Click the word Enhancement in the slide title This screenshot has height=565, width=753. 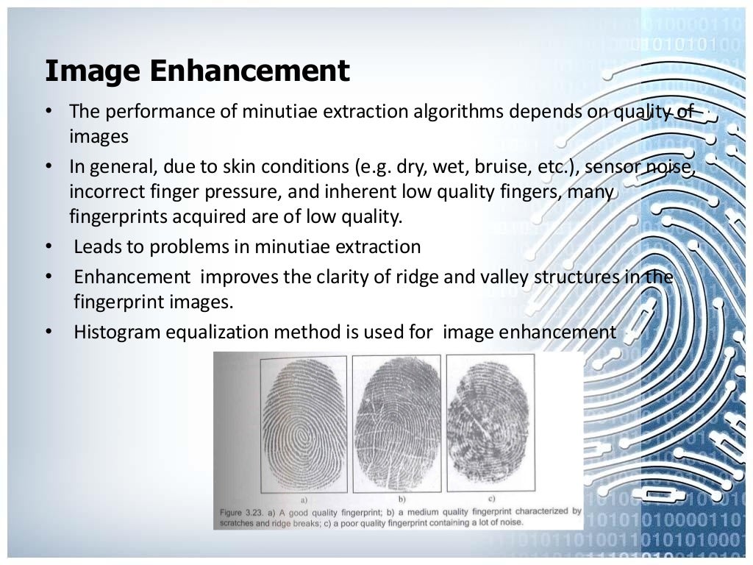click(x=250, y=71)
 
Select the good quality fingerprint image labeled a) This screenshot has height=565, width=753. click(x=303, y=424)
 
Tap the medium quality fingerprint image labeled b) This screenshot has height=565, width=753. click(x=396, y=424)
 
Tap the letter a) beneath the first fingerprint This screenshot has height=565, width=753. click(x=303, y=499)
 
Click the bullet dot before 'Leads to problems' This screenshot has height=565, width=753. click(x=48, y=246)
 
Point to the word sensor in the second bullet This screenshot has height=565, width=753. click(x=613, y=166)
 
